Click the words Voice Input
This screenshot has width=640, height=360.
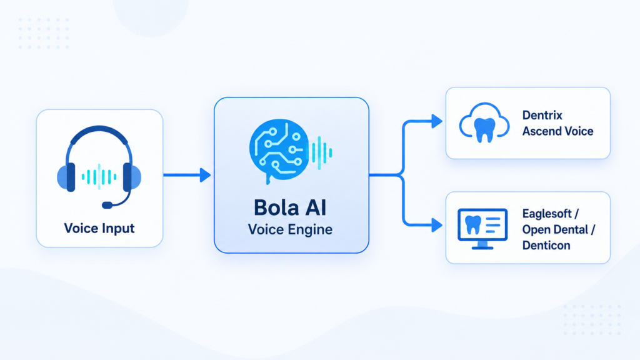tap(99, 228)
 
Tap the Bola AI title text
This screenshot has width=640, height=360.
tap(290, 207)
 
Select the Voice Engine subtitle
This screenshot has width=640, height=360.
tap(290, 229)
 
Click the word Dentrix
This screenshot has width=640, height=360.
tap(542, 116)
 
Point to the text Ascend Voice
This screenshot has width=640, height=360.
tap(558, 131)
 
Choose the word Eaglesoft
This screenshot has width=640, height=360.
tap(547, 214)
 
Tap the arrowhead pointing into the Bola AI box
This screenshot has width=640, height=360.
tap(205, 175)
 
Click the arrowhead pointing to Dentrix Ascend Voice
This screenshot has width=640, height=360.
tap(437, 121)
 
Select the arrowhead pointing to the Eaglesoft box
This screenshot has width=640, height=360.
tap(437, 225)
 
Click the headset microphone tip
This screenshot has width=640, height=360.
tap(107, 205)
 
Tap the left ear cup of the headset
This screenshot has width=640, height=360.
tap(66, 177)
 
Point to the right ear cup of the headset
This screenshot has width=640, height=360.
tap(132, 177)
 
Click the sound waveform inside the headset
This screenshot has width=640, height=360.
tap(99, 177)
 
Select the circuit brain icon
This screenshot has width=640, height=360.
tap(278, 150)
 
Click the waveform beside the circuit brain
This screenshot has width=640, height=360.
tap(321, 152)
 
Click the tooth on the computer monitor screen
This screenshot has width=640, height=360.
tap(474, 225)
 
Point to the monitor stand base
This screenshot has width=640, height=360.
tap(482, 247)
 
